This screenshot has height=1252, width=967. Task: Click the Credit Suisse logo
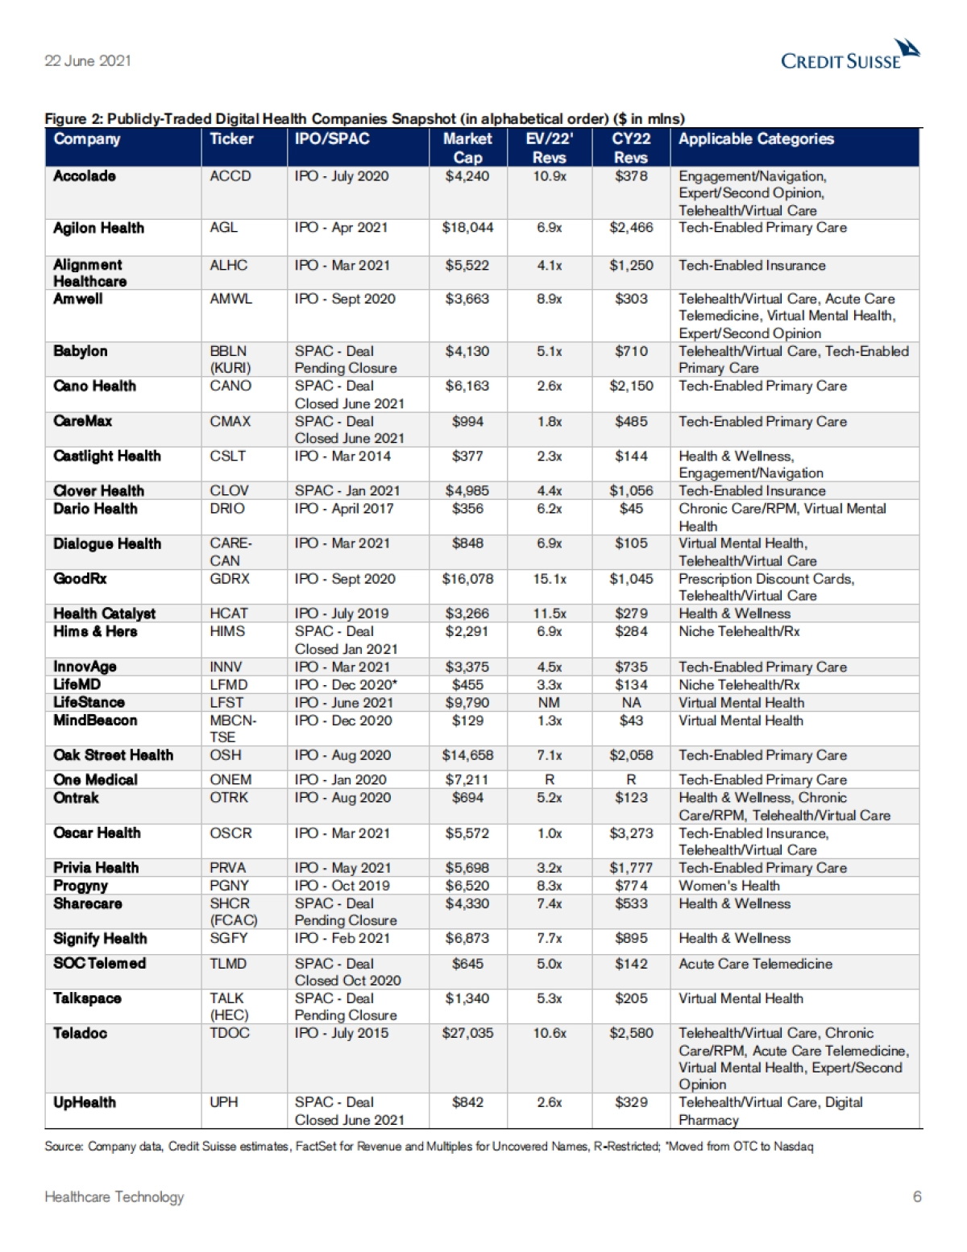[x=849, y=56]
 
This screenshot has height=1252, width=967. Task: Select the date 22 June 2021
[x=88, y=60]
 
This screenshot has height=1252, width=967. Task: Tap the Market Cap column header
[x=467, y=147]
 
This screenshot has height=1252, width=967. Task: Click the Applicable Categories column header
[x=756, y=138]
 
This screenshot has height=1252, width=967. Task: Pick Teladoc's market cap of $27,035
[x=467, y=1033]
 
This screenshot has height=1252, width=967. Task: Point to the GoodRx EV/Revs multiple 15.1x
[x=550, y=579]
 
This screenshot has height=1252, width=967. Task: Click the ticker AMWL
[x=230, y=299]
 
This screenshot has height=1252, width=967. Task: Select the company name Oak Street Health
[x=113, y=755]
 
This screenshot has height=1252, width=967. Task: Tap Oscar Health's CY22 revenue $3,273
[x=631, y=833]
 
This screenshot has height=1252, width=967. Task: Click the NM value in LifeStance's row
[x=550, y=703]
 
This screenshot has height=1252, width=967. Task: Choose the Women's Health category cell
[x=728, y=886]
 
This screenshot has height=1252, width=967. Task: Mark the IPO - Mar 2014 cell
[x=342, y=456]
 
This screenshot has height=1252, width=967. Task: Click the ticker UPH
[x=224, y=1102]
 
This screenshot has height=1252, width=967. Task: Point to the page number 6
[x=917, y=1196]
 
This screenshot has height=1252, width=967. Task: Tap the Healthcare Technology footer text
[x=114, y=1197]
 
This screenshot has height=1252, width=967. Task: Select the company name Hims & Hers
[x=95, y=631]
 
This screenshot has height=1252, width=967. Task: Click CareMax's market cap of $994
[x=467, y=421]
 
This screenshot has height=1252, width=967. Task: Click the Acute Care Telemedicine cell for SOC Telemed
[x=755, y=964]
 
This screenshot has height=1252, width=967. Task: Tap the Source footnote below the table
[x=429, y=1147]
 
